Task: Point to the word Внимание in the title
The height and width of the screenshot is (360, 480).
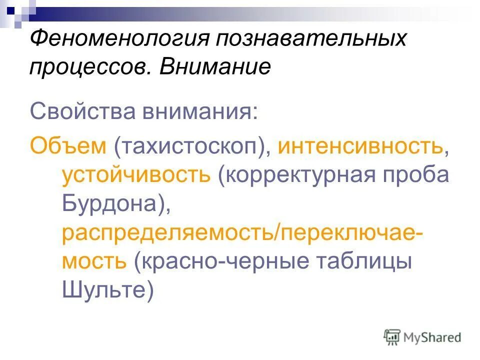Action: pos(214,67)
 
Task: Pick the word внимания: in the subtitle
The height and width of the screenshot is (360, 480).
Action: pos(200,110)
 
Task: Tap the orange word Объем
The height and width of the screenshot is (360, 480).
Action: pos(68,146)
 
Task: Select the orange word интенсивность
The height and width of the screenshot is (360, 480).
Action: pos(360,146)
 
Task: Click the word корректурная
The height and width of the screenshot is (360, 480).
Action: pos(297,175)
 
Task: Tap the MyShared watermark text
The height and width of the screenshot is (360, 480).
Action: pos(432,337)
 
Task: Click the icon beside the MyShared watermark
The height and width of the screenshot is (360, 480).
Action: pos(393,337)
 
